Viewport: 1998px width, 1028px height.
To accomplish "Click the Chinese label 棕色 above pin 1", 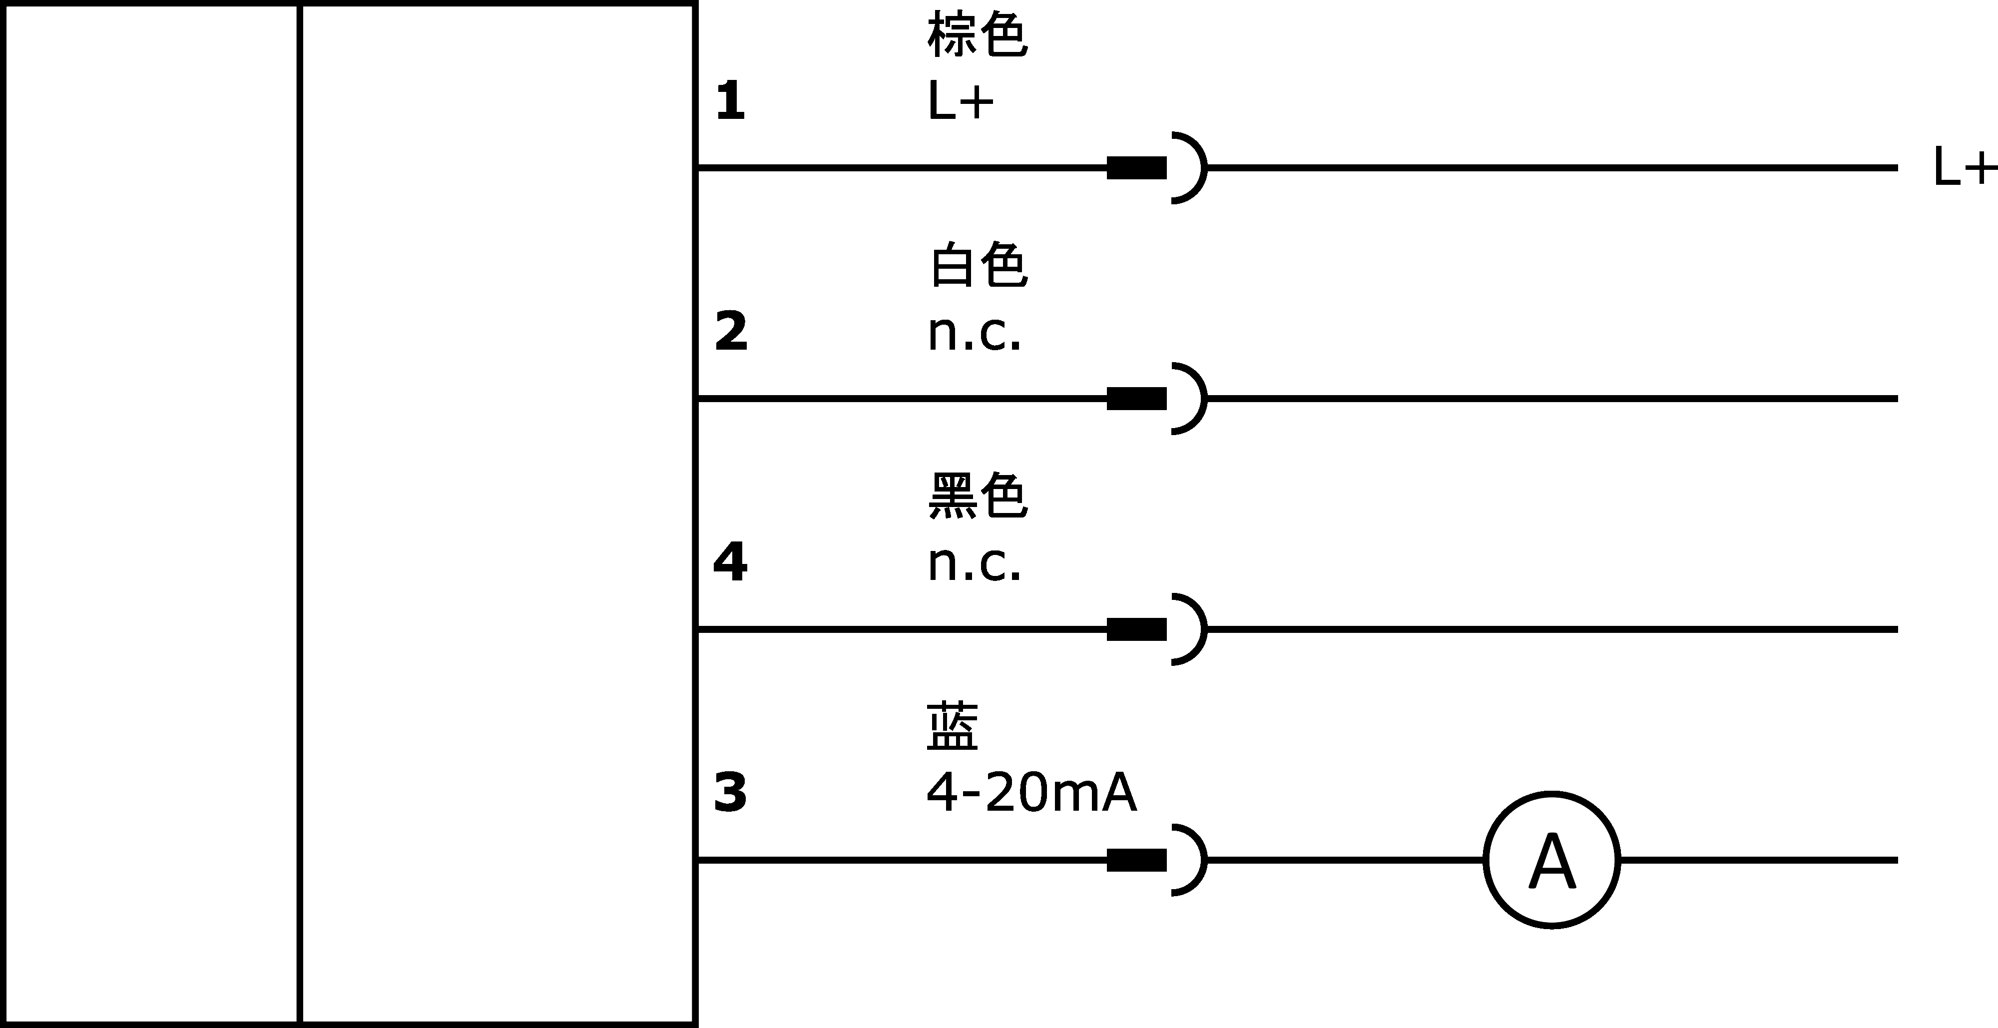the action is (978, 35).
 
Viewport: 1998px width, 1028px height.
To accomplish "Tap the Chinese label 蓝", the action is (953, 726).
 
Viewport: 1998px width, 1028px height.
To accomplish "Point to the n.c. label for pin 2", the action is (974, 334).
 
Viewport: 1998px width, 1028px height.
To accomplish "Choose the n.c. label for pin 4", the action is (974, 564).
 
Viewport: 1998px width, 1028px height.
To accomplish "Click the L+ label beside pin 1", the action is (960, 101).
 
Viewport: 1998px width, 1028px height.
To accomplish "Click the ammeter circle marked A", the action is (1551, 860).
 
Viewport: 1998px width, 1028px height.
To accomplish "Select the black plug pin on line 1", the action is (1136, 167).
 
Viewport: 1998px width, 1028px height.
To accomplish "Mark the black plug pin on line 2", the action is (1136, 399).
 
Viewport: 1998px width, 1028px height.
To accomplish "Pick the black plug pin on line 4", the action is (1136, 629).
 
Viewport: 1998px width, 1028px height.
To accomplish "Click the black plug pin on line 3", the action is (1136, 860).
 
